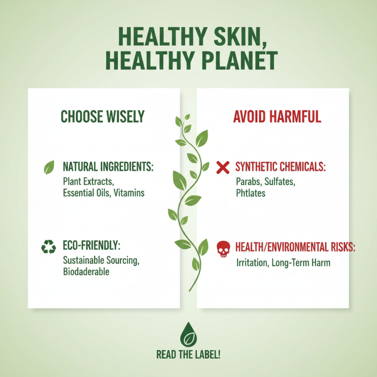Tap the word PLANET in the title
coord(233,61)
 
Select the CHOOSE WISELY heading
coord(103,117)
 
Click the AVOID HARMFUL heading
coord(277,117)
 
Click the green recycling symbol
coord(49,246)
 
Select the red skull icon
coord(222,248)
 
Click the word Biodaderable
coord(87,272)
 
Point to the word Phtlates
coord(251,193)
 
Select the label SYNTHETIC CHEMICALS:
coord(280,167)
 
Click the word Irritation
coord(252,262)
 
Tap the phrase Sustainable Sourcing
coord(101,260)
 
